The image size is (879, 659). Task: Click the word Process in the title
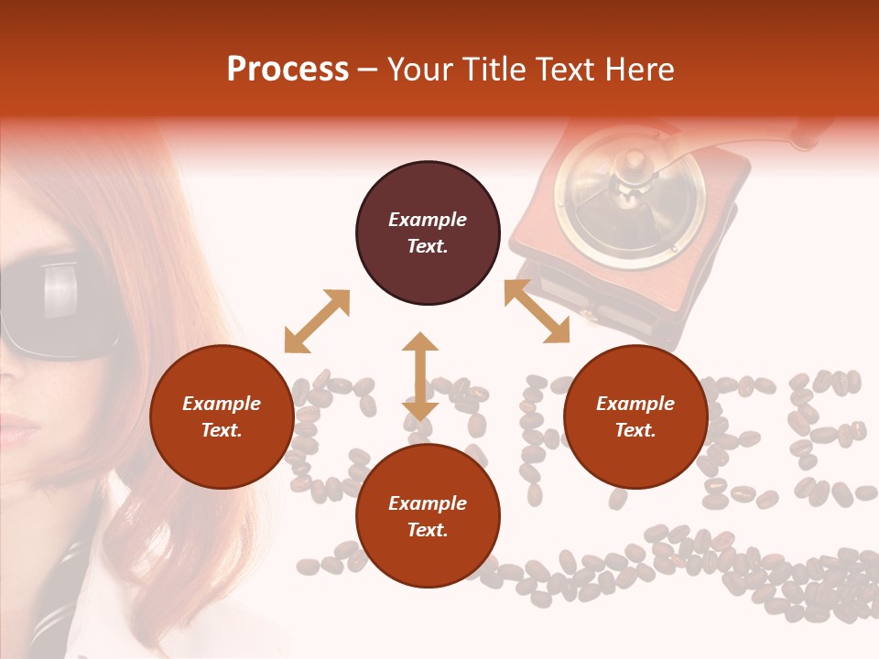coord(288,70)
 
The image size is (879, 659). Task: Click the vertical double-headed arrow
coord(420,376)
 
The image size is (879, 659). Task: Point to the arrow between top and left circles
coord(317,321)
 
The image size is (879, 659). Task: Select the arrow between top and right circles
coord(537,311)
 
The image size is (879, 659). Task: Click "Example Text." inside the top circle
coord(428,232)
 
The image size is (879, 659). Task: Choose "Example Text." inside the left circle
coord(222,416)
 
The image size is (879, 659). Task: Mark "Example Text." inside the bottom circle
coord(428,516)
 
